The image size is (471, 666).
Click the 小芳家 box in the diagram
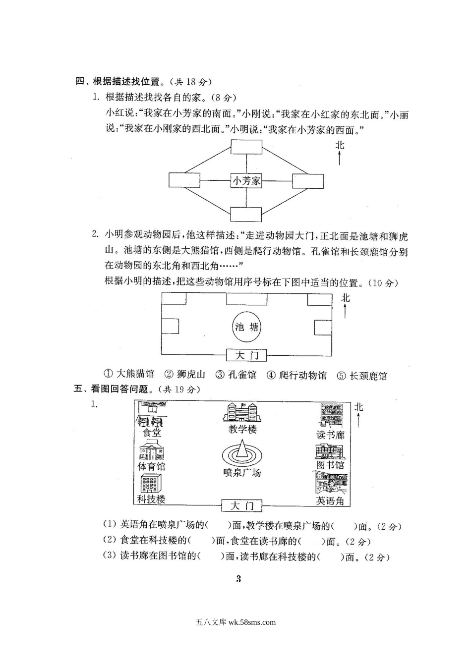click(246, 180)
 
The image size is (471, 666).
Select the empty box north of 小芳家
click(246, 148)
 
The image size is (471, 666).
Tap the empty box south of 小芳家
click(246, 214)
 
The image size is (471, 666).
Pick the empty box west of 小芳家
click(184, 180)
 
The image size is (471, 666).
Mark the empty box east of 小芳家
click(308, 180)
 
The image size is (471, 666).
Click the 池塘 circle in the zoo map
click(246, 327)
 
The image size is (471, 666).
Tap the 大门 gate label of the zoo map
click(246, 355)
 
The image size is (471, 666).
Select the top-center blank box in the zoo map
click(246, 299)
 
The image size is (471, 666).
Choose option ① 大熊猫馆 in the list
click(129, 375)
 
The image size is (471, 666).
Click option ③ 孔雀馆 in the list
click(235, 375)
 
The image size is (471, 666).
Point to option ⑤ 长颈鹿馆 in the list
click(362, 376)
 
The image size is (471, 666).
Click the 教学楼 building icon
click(241, 413)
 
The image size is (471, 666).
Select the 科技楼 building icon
click(151, 483)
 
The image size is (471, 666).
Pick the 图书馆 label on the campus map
click(330, 465)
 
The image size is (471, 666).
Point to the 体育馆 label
click(151, 467)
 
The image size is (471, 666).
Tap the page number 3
click(238, 579)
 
